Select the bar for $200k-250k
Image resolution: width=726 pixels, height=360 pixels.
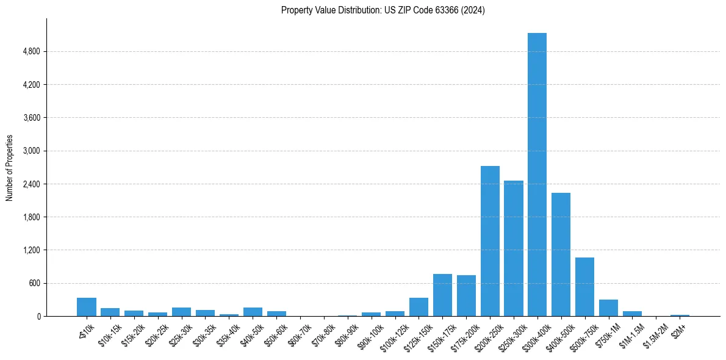[490, 241]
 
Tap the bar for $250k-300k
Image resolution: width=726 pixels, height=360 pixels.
[514, 248]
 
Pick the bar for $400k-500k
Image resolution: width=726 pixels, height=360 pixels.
[561, 254]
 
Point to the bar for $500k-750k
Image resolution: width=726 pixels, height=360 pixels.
[584, 287]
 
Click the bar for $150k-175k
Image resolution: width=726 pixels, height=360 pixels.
[442, 295]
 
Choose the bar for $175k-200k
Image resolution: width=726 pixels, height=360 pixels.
[466, 296]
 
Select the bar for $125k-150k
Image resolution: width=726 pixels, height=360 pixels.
[419, 307]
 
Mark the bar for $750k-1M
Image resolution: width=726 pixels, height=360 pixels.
[608, 308]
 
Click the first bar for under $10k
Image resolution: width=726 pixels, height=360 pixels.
[87, 307]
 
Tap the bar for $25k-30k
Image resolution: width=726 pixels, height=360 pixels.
[181, 312]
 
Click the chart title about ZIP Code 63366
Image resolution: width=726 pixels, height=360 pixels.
[383, 10]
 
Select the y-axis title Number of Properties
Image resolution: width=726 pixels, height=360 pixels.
[10, 168]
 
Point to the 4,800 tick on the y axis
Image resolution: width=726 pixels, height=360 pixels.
[31, 51]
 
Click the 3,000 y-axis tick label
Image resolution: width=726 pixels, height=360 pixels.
[31, 151]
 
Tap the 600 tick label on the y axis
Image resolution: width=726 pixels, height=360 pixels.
[35, 283]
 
